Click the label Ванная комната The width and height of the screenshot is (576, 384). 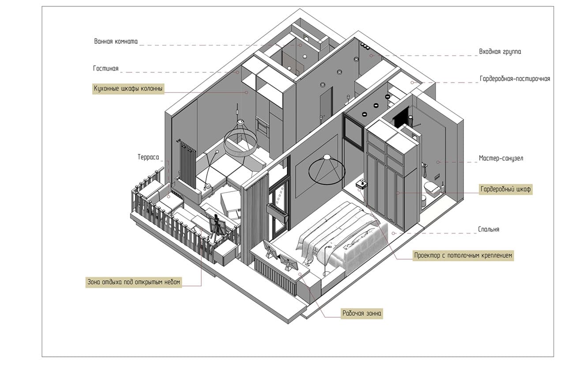116,41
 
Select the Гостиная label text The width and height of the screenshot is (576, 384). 105,68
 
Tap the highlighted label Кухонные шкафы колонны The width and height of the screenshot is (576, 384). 128,89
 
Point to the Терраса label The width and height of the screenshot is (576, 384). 148,157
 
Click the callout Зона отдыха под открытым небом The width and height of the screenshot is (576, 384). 134,282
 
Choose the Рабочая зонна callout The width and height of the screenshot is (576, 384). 362,313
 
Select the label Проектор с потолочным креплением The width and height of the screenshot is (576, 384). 463,256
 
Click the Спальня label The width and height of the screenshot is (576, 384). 489,229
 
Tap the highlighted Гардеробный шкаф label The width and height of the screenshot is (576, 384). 505,189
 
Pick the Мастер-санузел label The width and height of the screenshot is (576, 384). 501,158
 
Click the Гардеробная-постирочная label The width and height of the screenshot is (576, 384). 515,79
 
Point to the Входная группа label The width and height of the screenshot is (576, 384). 500,52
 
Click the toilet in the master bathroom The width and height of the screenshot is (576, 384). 432,189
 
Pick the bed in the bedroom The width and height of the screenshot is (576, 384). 342,237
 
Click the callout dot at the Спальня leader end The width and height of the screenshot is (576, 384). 393,233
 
